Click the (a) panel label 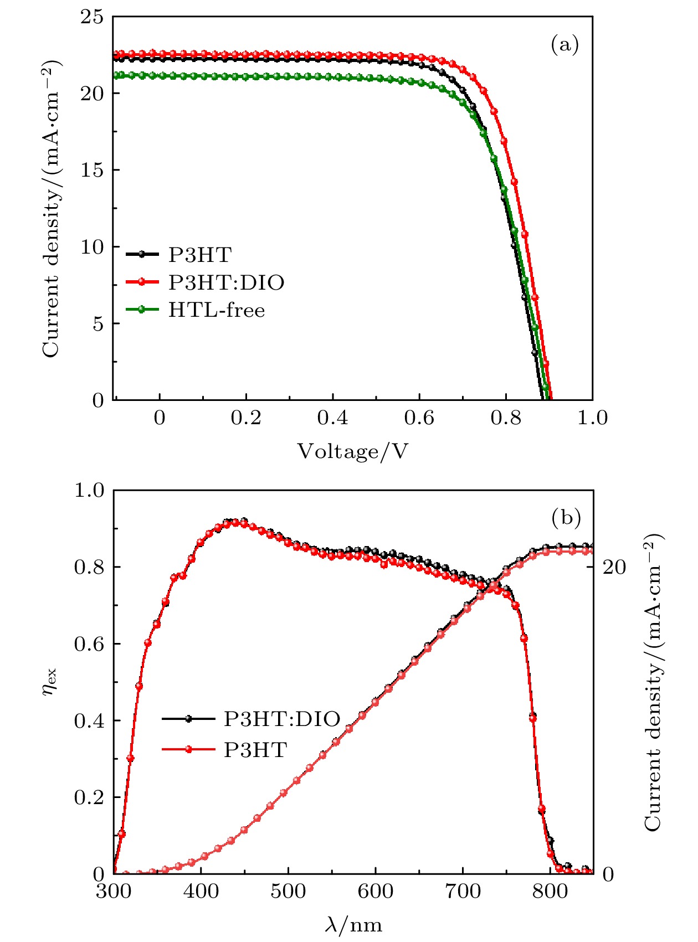[x=564, y=44]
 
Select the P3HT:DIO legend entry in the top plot [x=226, y=282]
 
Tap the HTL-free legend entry [x=217, y=310]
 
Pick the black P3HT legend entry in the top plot [x=199, y=255]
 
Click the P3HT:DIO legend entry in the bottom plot [x=281, y=719]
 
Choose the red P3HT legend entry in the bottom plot [x=255, y=750]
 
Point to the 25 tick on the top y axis [x=92, y=17]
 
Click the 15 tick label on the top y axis [x=92, y=170]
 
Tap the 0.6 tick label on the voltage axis [x=419, y=418]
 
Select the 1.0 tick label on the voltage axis [x=592, y=418]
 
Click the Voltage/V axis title [x=352, y=452]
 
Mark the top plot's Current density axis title [x=52, y=208]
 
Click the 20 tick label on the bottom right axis [x=614, y=567]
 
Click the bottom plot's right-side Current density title [x=654, y=682]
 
